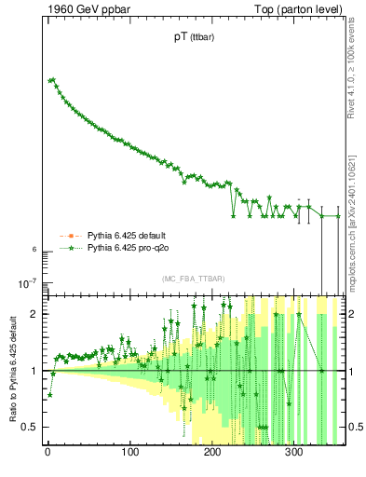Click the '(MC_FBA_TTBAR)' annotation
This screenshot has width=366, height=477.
click(192, 279)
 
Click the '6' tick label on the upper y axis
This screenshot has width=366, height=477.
click(34, 250)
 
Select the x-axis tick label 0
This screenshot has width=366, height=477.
click(47, 455)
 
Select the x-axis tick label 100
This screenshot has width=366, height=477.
click(130, 455)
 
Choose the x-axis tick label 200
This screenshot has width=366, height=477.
click(212, 455)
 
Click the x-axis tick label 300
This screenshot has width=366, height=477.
click(295, 455)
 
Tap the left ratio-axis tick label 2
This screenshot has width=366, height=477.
click(34, 314)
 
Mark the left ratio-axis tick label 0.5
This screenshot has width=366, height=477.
click(30, 428)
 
